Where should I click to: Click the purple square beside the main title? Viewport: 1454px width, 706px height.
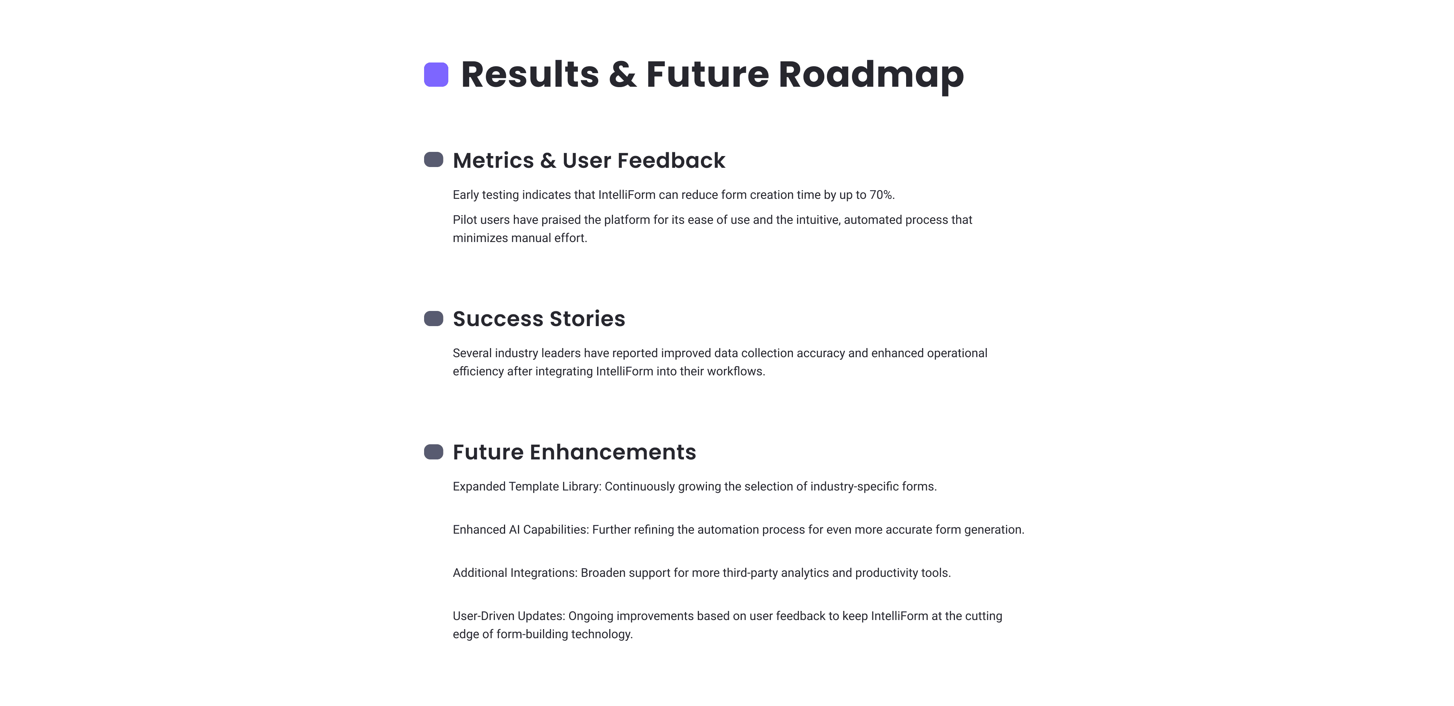pyautogui.click(x=436, y=75)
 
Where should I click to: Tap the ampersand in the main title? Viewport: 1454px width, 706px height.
pyautogui.click(x=622, y=75)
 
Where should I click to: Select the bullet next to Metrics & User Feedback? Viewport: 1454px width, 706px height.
pyautogui.click(x=434, y=160)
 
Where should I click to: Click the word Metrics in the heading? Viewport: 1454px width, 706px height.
pyautogui.click(x=493, y=161)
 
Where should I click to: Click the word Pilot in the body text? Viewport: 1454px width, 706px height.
pyautogui.click(x=465, y=220)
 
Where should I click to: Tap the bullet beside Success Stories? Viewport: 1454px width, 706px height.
pyautogui.click(x=434, y=319)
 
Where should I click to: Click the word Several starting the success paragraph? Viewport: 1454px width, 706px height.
pyautogui.click(x=472, y=353)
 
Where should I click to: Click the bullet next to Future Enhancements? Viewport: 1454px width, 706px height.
pyautogui.click(x=434, y=452)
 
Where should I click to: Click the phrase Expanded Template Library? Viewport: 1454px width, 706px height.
pyautogui.click(x=526, y=486)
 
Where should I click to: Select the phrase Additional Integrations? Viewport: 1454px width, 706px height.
pyautogui.click(x=514, y=573)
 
